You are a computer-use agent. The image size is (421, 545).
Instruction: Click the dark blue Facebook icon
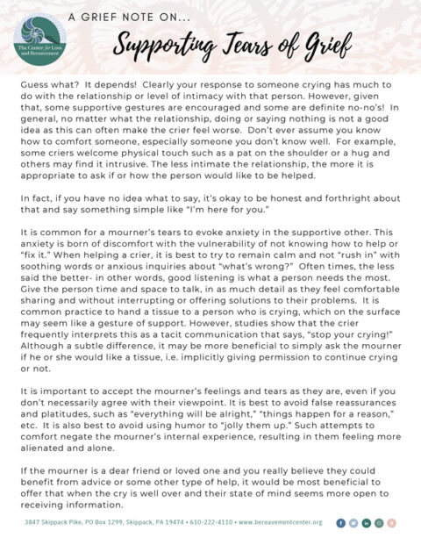[x=340, y=522]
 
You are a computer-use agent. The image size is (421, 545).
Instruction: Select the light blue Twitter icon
[x=353, y=522]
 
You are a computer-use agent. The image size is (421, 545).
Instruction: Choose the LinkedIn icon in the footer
[x=366, y=522]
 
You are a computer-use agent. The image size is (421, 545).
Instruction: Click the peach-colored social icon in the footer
[x=391, y=522]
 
